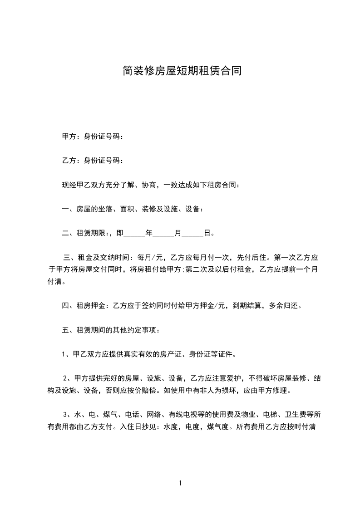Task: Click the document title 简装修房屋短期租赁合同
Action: click(x=180, y=70)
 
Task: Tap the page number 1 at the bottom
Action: click(x=180, y=483)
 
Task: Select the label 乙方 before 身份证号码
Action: click(x=69, y=160)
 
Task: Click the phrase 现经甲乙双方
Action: click(x=84, y=185)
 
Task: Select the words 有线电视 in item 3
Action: click(x=183, y=415)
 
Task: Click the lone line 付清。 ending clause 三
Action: click(x=57, y=282)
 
